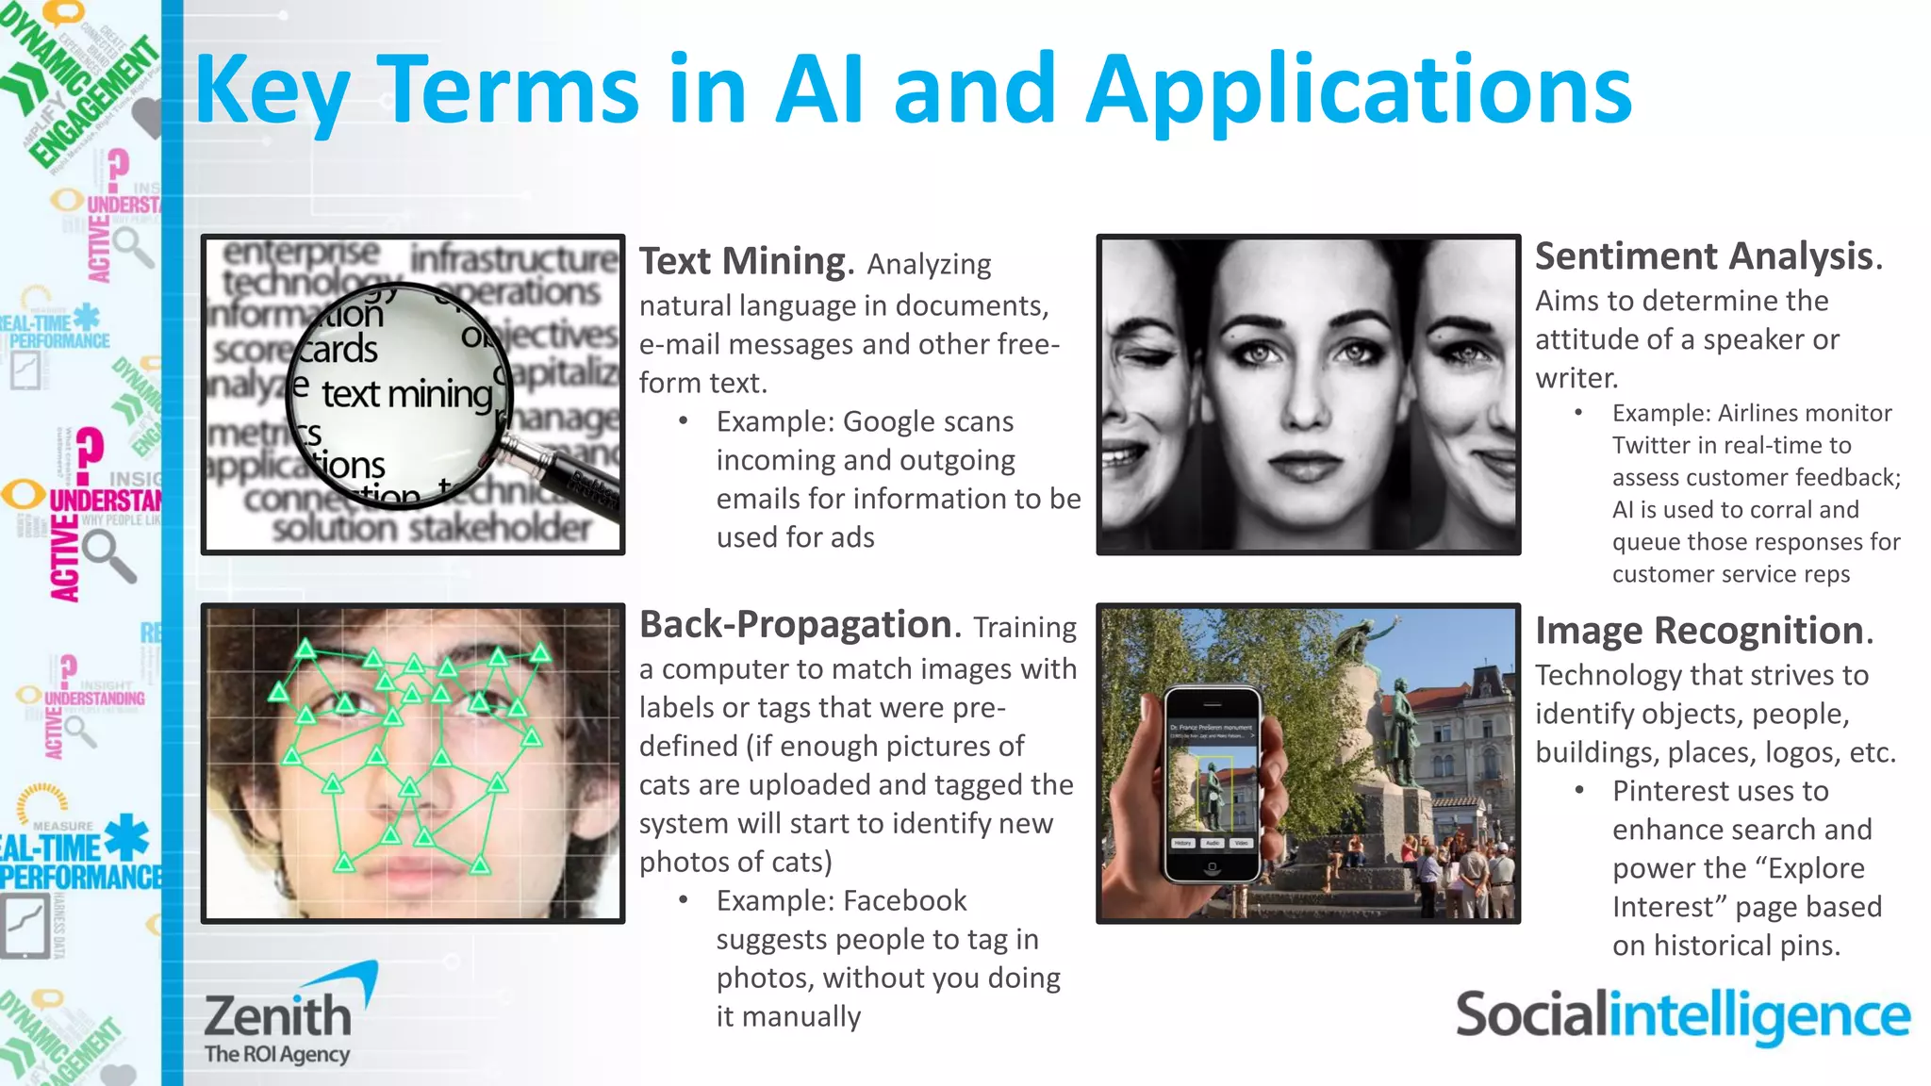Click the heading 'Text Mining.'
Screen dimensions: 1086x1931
tap(746, 262)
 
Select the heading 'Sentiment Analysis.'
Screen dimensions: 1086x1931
tap(1708, 256)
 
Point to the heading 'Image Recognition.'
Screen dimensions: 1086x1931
tap(1703, 631)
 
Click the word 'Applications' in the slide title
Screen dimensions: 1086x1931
tap(1359, 91)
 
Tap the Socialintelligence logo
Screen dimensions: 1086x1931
tap(1682, 1016)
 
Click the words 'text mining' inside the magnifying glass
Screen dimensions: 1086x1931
tap(406, 394)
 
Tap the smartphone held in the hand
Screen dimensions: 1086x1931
tap(1213, 782)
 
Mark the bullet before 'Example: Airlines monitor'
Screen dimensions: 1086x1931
tap(1578, 413)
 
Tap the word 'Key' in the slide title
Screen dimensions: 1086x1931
tap(272, 91)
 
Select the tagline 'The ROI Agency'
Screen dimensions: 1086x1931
tap(277, 1054)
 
